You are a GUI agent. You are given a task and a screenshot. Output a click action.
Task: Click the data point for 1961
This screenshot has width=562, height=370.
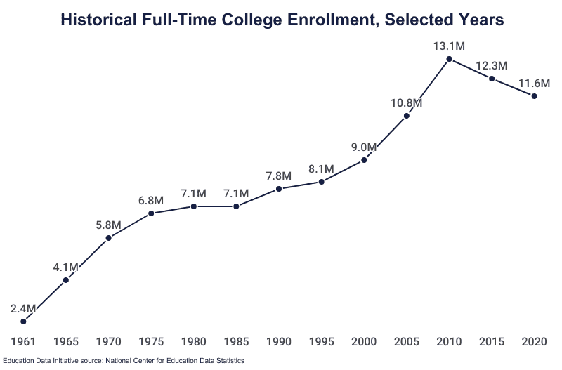(24, 322)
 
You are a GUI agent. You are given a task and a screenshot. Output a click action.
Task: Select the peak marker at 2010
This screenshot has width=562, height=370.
(449, 59)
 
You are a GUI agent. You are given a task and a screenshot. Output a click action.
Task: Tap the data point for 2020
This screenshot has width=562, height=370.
(534, 96)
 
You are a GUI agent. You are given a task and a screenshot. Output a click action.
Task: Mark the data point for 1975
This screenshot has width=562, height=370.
(151, 213)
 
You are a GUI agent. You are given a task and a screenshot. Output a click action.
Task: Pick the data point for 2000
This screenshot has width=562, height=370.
(364, 160)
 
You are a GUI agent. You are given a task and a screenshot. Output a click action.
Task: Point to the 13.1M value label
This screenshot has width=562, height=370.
(449, 46)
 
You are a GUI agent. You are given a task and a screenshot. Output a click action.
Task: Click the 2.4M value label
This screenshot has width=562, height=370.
(24, 309)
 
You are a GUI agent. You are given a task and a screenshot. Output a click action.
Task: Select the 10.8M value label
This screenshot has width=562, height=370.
(406, 103)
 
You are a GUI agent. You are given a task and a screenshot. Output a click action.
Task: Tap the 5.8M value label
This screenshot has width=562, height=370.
(109, 225)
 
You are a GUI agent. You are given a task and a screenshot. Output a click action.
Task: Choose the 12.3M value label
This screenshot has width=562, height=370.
(491, 66)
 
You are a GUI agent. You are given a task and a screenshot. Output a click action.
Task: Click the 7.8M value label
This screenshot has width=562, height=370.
(279, 176)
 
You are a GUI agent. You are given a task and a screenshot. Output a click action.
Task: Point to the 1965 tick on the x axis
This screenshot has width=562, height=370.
(66, 342)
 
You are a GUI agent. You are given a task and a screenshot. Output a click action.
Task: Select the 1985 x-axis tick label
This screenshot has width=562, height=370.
(236, 342)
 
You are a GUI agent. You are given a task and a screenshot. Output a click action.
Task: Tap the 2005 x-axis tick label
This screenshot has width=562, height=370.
(406, 342)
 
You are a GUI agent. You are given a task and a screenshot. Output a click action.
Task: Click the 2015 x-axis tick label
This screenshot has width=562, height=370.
(491, 342)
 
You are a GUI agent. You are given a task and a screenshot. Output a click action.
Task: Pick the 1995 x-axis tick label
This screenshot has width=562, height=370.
(321, 342)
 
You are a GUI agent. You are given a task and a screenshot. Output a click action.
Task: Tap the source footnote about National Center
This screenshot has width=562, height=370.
(122, 361)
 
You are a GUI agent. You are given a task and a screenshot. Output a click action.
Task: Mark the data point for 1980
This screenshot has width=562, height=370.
(194, 206)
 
